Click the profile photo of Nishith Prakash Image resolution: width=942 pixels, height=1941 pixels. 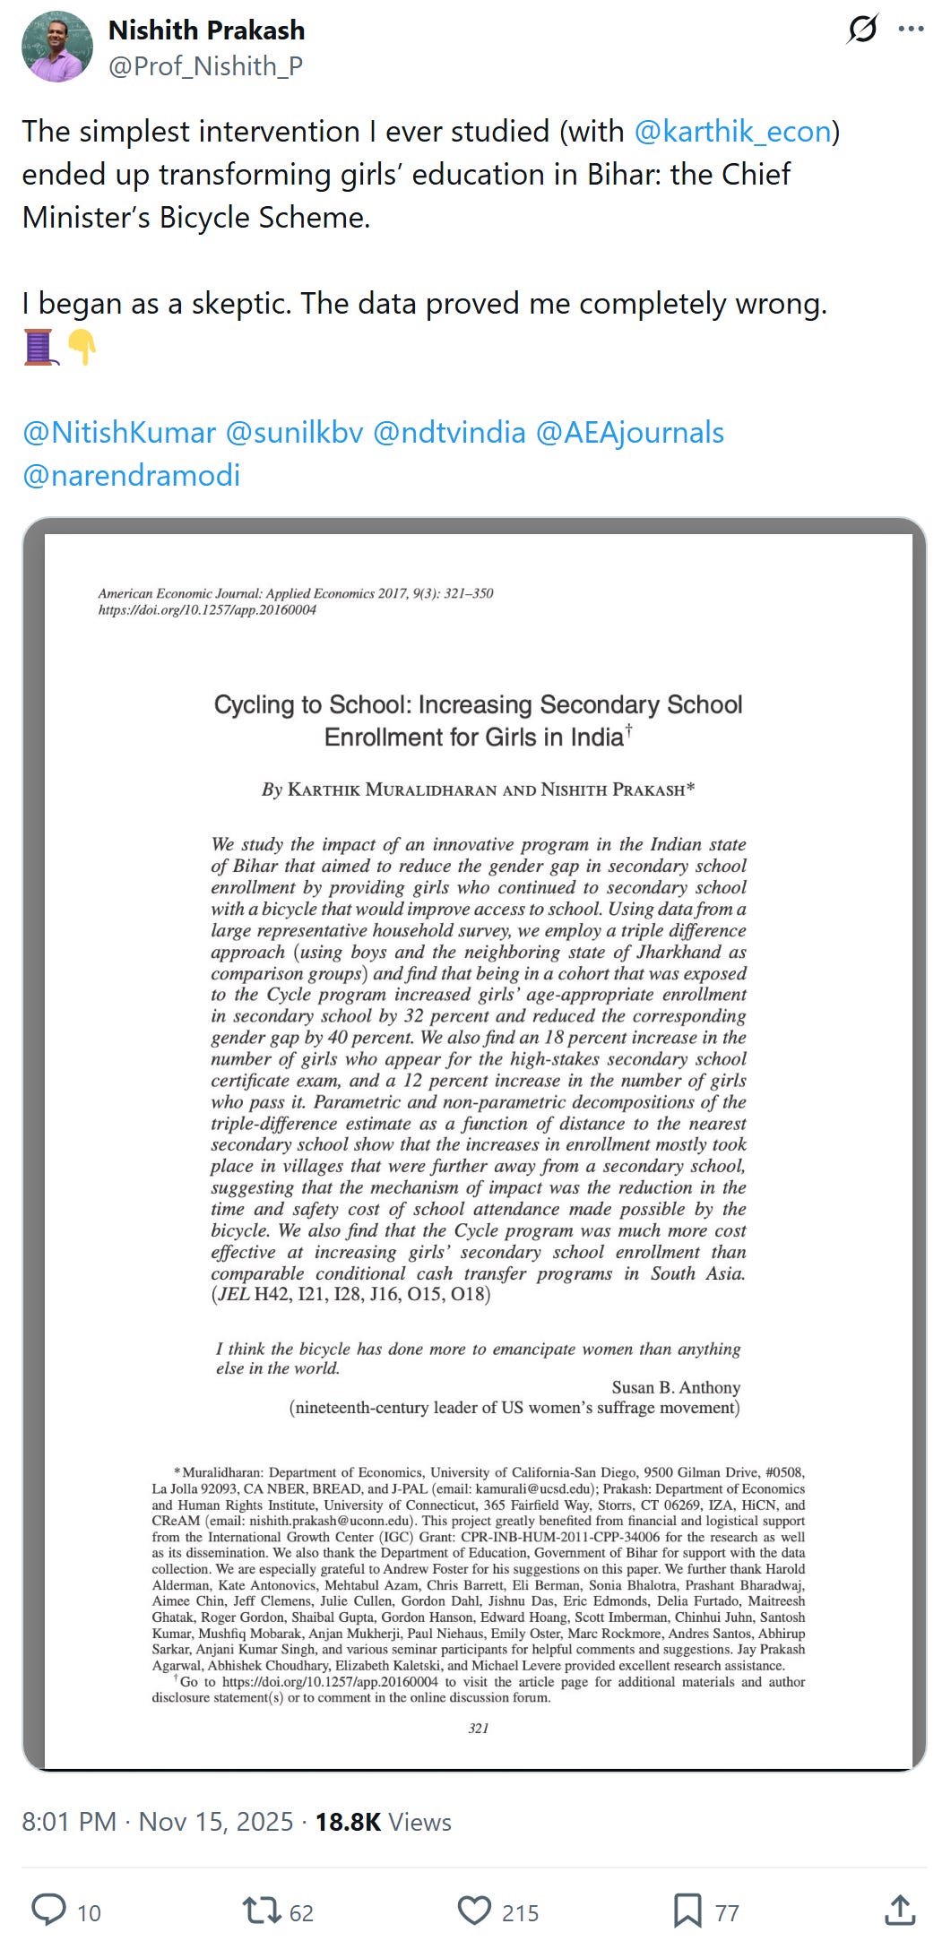(57, 47)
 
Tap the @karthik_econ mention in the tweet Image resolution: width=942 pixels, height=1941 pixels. (732, 132)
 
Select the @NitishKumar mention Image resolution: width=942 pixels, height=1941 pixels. (119, 433)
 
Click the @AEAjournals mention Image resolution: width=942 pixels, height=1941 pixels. (629, 433)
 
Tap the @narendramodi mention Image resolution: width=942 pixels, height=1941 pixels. (132, 475)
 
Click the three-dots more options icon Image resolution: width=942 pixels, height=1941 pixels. (911, 30)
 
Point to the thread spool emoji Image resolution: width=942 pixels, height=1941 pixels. (40, 348)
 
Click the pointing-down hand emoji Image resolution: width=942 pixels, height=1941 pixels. (82, 348)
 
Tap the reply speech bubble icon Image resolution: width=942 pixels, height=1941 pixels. (48, 1910)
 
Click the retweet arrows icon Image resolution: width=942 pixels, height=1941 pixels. (262, 1910)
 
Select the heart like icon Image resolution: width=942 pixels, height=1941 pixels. (474, 1910)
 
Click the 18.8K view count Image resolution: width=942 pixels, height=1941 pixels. (348, 1822)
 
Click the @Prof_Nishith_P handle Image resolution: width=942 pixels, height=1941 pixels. (205, 66)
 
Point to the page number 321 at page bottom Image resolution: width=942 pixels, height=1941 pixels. (479, 1728)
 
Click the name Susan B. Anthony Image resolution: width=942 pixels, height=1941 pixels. (676, 1387)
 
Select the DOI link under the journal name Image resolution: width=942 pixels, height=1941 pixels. (207, 610)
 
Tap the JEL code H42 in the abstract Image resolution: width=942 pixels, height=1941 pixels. (272, 1295)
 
